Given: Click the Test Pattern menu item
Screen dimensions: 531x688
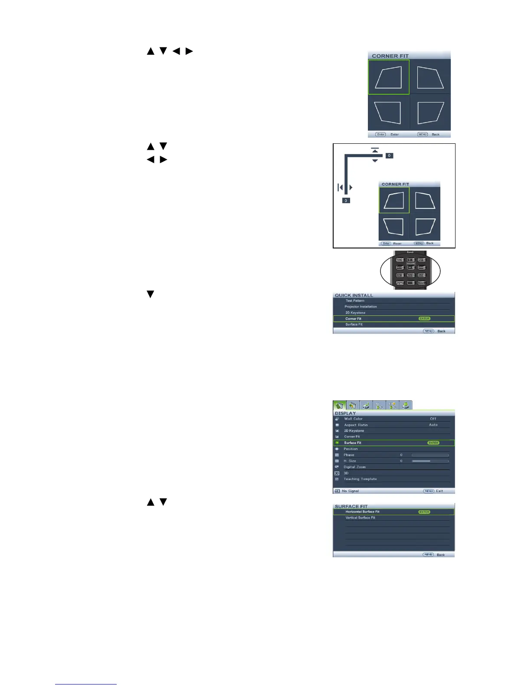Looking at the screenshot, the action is tap(355, 301).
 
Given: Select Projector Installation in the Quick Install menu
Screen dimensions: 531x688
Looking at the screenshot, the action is tap(361, 307).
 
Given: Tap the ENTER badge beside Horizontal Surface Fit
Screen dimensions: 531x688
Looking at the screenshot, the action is tap(424, 512).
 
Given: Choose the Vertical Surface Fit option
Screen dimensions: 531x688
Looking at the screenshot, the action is tap(360, 518).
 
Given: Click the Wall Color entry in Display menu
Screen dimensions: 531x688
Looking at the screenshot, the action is tap(353, 419).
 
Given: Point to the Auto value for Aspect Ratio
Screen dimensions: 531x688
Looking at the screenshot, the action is tap(433, 425).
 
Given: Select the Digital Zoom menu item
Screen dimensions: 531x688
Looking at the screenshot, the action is tap(354, 467).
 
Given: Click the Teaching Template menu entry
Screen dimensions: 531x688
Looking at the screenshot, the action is tap(360, 479).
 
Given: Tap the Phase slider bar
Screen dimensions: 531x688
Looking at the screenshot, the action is tap(430, 455).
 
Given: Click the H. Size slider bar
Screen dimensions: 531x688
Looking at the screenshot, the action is tap(430, 461).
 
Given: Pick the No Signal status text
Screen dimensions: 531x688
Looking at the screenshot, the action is tap(350, 491).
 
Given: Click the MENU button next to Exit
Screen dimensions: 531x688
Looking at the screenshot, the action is tap(429, 491).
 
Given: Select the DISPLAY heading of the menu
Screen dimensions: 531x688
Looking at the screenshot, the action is tap(345, 413).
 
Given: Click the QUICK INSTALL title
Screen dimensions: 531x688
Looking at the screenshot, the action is tap(354, 295).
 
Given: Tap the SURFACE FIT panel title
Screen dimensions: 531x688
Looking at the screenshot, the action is tap(351, 506).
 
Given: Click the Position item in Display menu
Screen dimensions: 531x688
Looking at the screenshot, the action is tap(351, 449).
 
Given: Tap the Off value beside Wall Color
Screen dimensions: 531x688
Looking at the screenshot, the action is tap(433, 419).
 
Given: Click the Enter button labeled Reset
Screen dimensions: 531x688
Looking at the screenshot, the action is tap(386, 243).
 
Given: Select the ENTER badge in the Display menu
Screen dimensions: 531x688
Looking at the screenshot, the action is tap(433, 443).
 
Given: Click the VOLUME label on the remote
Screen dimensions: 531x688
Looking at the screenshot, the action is tap(410, 264).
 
